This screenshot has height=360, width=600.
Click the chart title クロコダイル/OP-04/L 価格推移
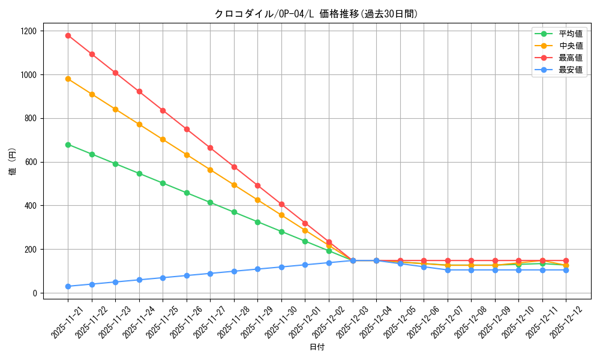click(x=316, y=14)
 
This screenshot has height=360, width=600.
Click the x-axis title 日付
click(x=317, y=347)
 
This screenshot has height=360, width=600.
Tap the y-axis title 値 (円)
click(x=13, y=162)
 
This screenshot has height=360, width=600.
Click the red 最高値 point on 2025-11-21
click(x=68, y=35)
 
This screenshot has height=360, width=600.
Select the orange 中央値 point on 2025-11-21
click(x=68, y=79)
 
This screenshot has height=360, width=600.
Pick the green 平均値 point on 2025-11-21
click(x=68, y=145)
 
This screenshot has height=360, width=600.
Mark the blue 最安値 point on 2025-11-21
click(x=68, y=286)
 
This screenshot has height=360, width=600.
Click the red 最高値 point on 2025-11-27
click(x=210, y=148)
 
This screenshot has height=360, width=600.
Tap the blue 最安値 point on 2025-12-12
click(x=566, y=270)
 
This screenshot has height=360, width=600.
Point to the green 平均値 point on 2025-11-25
click(x=163, y=183)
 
